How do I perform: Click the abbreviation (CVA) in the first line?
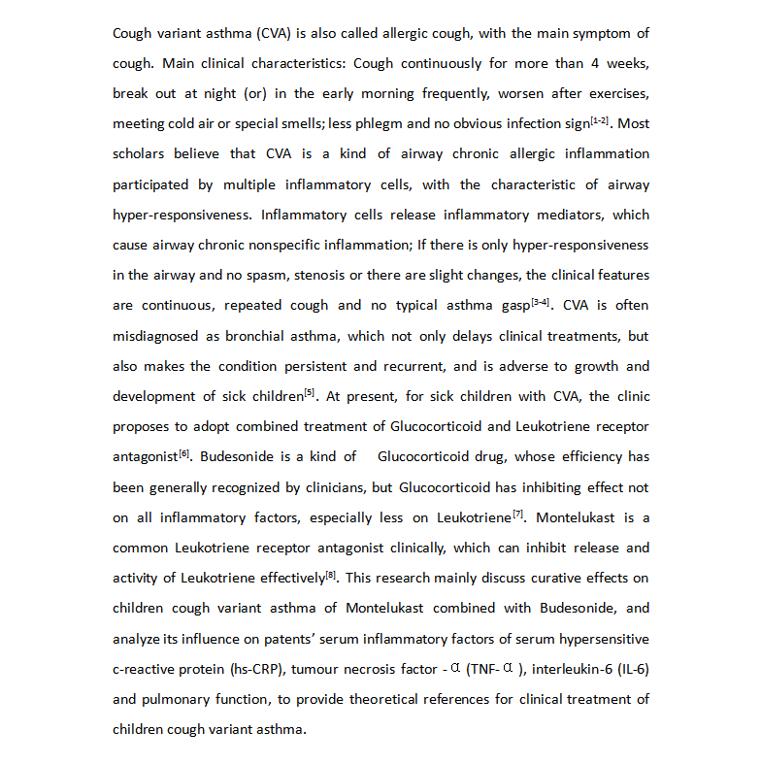point(279,33)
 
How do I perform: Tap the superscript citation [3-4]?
point(541,301)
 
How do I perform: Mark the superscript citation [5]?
point(310,392)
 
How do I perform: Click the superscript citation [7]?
point(518,513)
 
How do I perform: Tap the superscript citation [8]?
point(332,574)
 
